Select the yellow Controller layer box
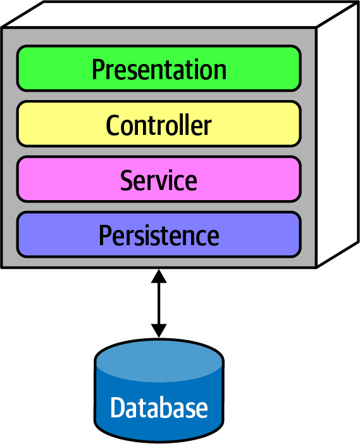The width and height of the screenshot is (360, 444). (51, 124)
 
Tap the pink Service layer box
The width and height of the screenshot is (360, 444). (63, 180)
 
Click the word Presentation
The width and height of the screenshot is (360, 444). (159, 68)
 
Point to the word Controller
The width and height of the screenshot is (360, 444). (159, 125)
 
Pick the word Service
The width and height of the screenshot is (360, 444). (159, 180)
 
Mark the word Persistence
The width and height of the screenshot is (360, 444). (159, 236)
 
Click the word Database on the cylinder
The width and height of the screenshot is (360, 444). (159, 407)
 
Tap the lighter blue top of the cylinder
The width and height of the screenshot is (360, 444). (159, 358)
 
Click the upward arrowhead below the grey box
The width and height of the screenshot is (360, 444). (159, 277)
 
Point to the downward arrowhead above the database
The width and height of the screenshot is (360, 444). (159, 330)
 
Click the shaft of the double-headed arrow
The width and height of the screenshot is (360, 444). (159, 303)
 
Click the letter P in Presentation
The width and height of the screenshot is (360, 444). (97, 68)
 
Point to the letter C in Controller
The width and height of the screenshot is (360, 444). (112, 125)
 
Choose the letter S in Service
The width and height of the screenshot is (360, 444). (126, 181)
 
